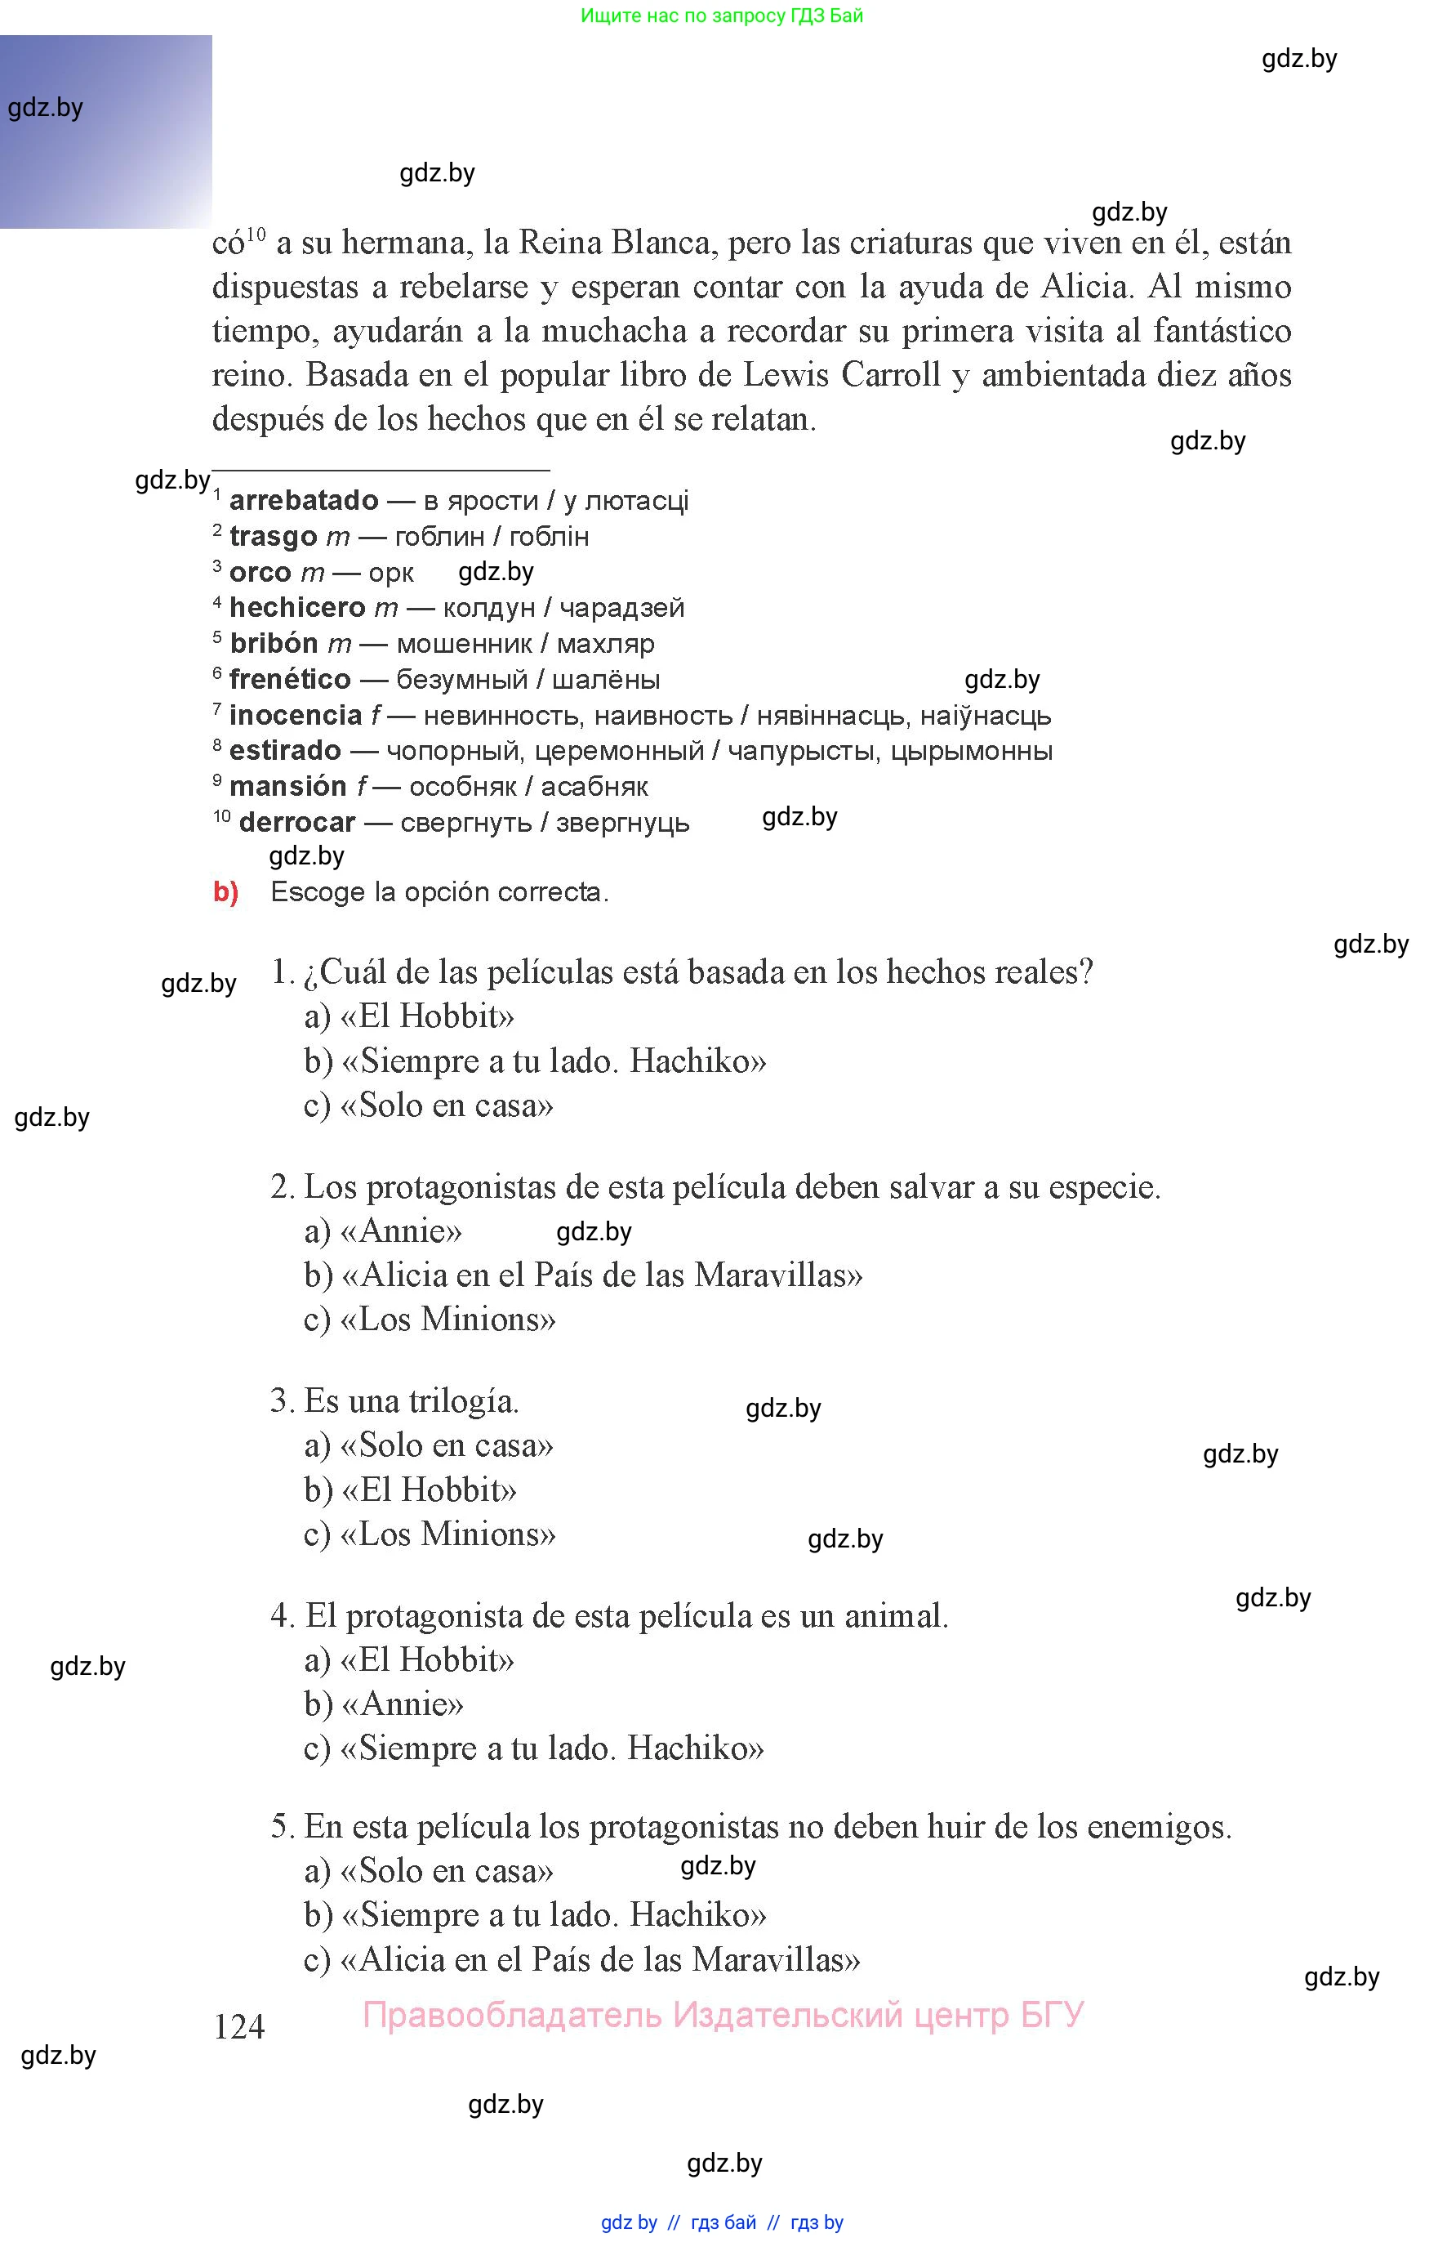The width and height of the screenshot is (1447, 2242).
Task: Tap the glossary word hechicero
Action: (297, 607)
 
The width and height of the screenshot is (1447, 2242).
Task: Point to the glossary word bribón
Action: (274, 643)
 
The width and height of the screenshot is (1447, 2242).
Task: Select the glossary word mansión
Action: (288, 786)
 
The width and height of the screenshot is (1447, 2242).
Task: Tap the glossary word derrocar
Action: (297, 822)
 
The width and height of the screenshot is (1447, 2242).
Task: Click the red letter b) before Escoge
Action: (225, 891)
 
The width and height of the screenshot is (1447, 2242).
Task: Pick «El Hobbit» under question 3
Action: (430, 1490)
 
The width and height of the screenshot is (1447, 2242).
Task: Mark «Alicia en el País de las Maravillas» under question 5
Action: (600, 1959)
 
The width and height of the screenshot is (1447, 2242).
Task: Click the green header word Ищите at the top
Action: (611, 16)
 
